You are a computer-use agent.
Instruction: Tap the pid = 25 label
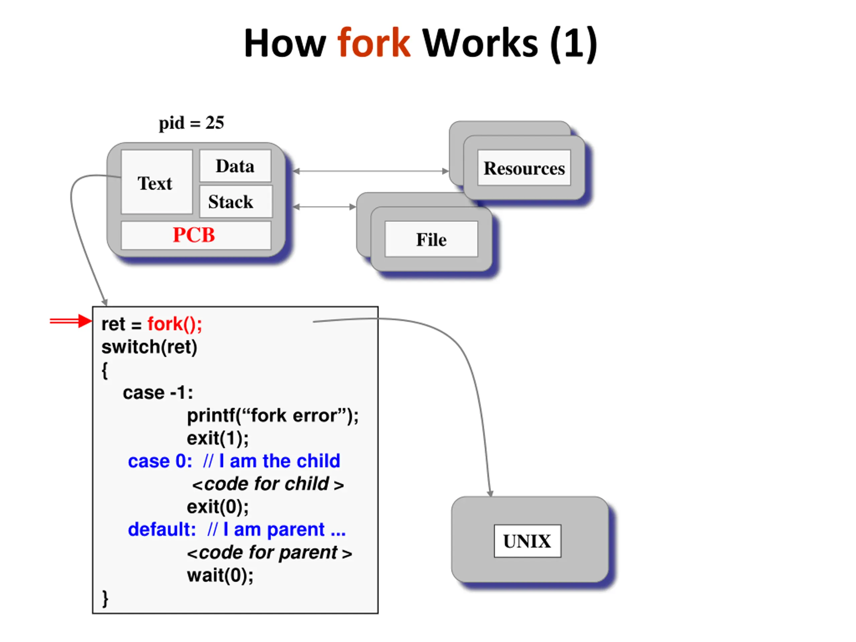pos(191,123)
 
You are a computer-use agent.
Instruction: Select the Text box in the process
pos(157,182)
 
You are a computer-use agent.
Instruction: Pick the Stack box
pos(236,202)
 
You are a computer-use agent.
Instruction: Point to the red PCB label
pos(194,235)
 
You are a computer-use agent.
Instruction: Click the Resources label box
pos(524,168)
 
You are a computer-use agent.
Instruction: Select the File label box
pos(431,239)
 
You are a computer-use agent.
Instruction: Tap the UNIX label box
pos(527,541)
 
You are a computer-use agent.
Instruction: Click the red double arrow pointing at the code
pos(71,321)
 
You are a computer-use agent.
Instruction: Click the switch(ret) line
pos(149,347)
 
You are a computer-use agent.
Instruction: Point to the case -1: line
pos(158,393)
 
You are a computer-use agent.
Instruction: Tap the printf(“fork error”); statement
pos(273,416)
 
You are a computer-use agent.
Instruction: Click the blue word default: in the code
pos(162,529)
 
